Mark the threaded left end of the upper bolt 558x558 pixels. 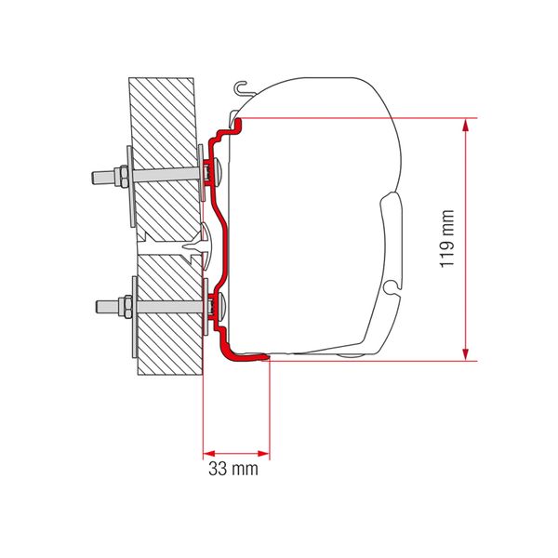(97, 173)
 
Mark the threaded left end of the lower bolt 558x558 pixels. (97, 303)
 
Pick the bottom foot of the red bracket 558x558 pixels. (246, 353)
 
